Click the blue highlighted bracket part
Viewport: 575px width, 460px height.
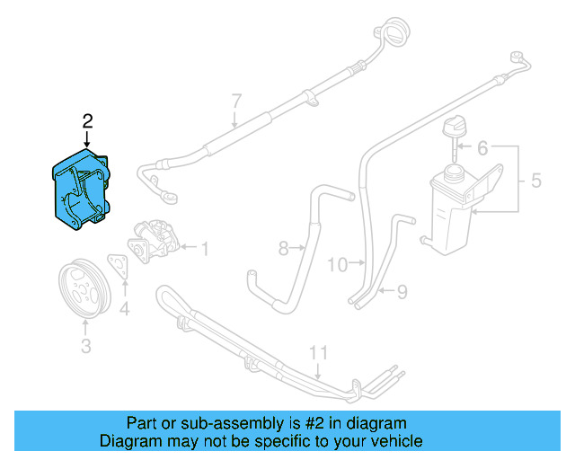[79, 190]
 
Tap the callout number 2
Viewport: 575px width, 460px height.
[87, 120]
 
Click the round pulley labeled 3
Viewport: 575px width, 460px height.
[84, 287]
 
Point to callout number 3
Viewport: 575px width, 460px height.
[85, 344]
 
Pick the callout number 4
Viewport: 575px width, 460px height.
[124, 309]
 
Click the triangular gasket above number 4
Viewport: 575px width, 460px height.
[118, 265]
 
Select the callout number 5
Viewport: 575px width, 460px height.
[535, 181]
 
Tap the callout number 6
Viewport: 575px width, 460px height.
[482, 146]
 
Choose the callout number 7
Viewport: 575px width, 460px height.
[236, 100]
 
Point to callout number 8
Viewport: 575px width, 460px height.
[282, 246]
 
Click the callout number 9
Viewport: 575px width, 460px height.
[402, 291]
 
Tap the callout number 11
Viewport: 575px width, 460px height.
[315, 352]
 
